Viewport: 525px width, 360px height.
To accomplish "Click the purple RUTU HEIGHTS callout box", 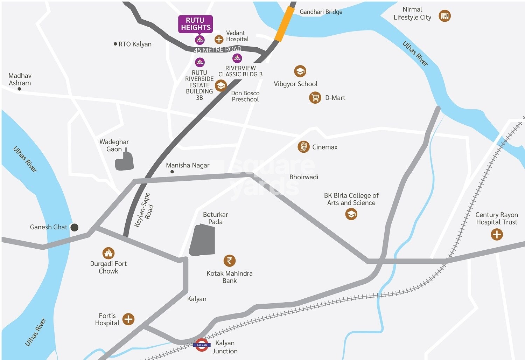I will pos(195,24).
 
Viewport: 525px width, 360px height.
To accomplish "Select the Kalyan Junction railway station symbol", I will pos(202,345).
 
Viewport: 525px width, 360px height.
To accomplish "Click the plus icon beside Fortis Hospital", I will pos(128,319).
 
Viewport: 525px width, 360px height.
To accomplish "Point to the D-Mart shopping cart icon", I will pos(315,97).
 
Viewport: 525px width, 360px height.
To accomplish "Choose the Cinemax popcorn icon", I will pos(303,147).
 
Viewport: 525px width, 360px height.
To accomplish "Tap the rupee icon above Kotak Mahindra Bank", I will pos(230,261).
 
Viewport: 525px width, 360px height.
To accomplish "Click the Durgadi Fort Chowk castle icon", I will pos(108,253).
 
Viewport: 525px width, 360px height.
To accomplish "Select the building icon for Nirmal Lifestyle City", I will pos(444,16).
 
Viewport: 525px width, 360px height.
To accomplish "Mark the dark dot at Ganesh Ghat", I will pos(74,227).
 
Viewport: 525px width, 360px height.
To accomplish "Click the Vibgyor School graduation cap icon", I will pos(300,71).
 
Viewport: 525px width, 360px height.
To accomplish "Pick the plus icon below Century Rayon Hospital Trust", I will pos(497,234).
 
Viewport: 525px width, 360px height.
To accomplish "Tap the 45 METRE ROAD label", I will pos(218,50).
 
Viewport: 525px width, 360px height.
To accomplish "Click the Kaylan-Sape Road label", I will pos(145,210).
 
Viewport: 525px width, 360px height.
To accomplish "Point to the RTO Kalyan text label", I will pos(135,44).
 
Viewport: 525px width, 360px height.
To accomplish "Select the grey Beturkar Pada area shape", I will pos(202,240).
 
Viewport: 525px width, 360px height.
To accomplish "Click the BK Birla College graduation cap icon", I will pos(351,214).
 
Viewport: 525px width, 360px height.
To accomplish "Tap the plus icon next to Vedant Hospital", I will pos(219,40).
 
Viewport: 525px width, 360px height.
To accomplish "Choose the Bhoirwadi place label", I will pos(303,177).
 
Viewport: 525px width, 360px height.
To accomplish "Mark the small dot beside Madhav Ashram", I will pos(19,89).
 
